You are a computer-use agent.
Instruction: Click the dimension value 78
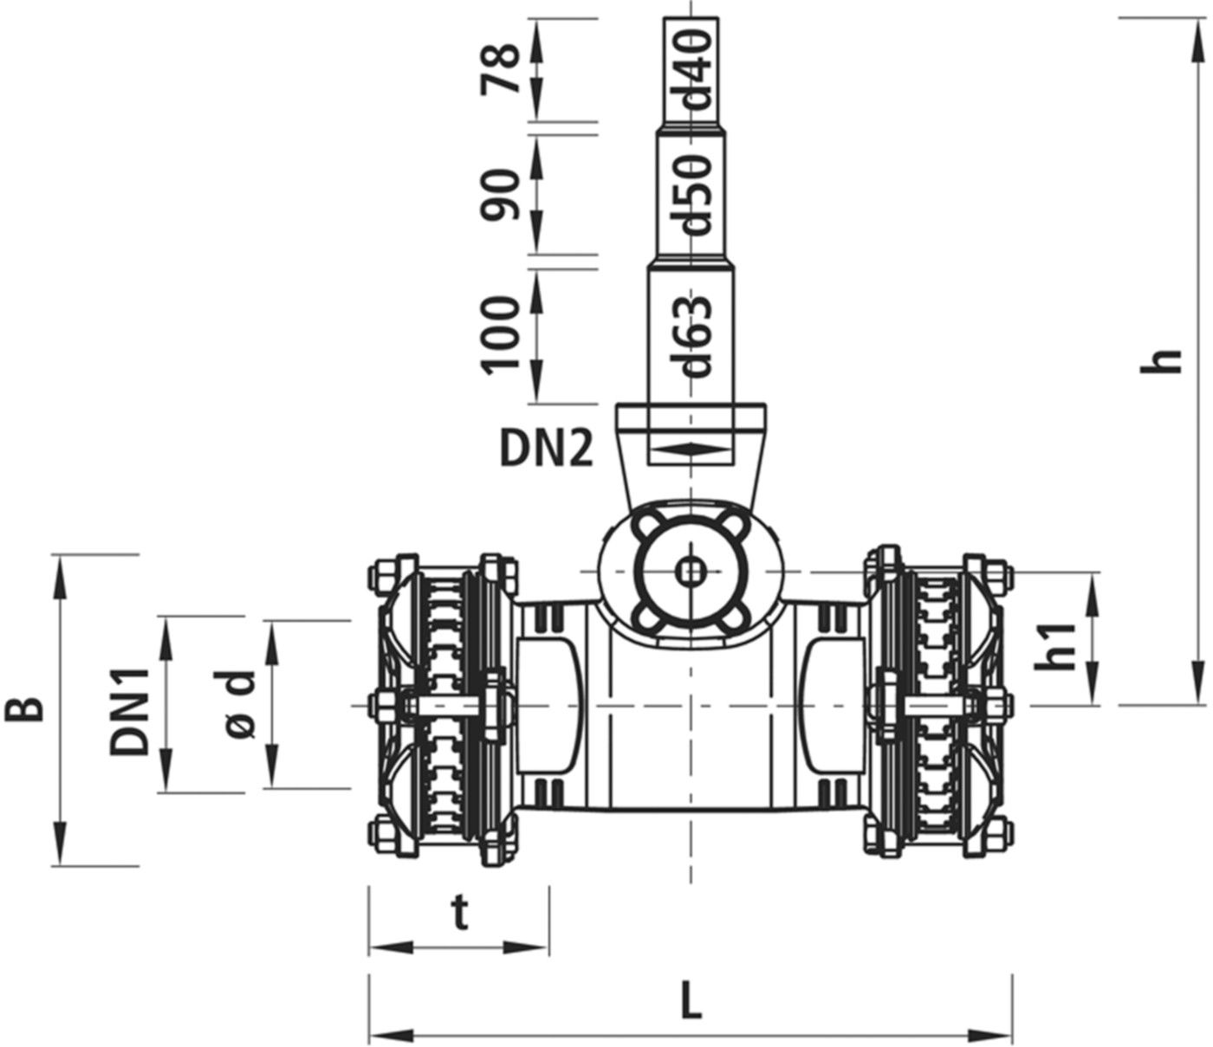[503, 69]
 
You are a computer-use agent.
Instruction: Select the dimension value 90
[503, 194]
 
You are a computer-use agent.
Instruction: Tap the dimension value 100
[503, 334]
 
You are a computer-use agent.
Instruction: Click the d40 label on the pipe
[696, 68]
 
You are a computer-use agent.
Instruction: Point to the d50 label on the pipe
[696, 195]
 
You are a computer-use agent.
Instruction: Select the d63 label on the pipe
[696, 337]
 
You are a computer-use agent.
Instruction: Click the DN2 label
[546, 449]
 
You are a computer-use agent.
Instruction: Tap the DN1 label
[130, 705]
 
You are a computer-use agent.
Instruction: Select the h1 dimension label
[1055, 646]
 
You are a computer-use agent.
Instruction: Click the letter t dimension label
[460, 914]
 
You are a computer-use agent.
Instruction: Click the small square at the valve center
[690, 571]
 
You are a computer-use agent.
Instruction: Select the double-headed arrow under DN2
[690, 448]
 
